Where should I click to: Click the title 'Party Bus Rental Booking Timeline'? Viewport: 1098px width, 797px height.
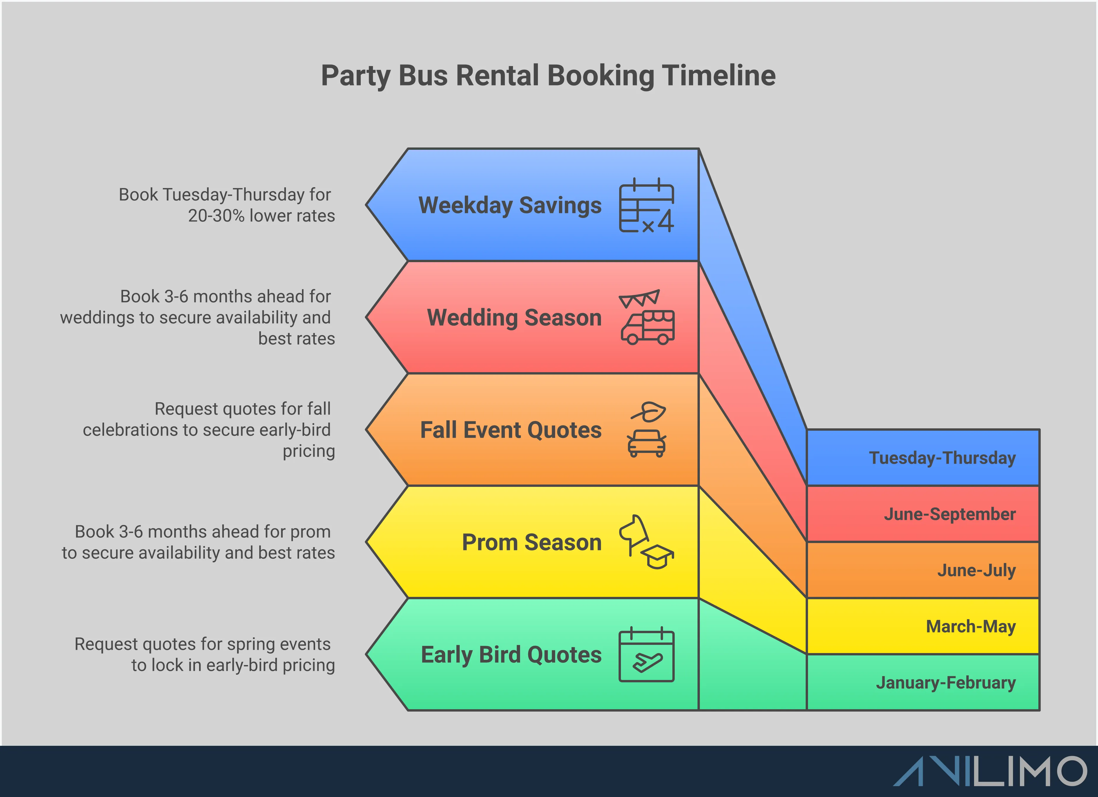(548, 76)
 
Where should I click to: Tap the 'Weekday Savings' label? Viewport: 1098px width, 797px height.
(510, 205)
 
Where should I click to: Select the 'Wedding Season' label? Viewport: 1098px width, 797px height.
(514, 318)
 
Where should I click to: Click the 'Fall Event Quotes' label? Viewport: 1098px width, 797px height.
(511, 430)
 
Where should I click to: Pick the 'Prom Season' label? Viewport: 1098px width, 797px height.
(531, 543)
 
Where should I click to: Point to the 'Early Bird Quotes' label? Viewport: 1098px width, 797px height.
(511, 655)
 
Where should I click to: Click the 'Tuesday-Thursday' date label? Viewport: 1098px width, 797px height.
(942, 458)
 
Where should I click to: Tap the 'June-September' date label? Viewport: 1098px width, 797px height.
(950, 514)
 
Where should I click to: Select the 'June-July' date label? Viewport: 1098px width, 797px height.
(976, 570)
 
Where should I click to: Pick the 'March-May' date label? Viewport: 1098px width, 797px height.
(971, 626)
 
